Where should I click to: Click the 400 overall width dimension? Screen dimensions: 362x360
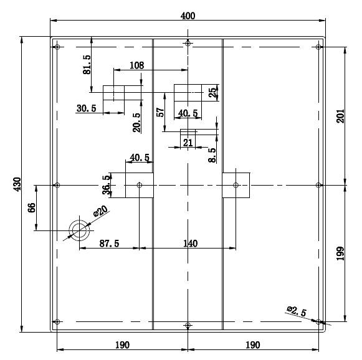pyautogui.click(x=188, y=16)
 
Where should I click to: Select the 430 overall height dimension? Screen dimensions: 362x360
pyautogui.click(x=17, y=184)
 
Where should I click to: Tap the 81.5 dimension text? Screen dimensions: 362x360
pyautogui.click(x=87, y=65)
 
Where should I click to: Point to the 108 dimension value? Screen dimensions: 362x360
pyautogui.click(x=136, y=65)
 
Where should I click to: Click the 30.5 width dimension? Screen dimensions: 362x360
pyautogui.click(x=87, y=108)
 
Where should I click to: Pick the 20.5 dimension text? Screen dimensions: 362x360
pyautogui.click(x=136, y=122)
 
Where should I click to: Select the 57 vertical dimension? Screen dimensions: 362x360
pyautogui.click(x=160, y=112)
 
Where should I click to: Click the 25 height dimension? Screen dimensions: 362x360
pyautogui.click(x=213, y=92)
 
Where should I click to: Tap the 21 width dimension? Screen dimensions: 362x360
pyautogui.click(x=188, y=143)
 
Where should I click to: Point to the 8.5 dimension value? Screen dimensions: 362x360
pyautogui.click(x=212, y=155)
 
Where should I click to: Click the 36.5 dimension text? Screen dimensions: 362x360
pyautogui.click(x=106, y=185)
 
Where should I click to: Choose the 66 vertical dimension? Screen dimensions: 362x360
pyautogui.click(x=32, y=207)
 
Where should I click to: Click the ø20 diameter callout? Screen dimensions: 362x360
pyautogui.click(x=100, y=211)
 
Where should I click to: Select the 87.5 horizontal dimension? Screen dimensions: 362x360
pyautogui.click(x=109, y=244)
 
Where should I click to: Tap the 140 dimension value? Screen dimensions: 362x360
pyautogui.click(x=190, y=244)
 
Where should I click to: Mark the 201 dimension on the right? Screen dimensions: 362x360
pyautogui.click(x=340, y=116)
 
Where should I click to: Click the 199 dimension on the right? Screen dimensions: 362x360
pyautogui.click(x=340, y=253)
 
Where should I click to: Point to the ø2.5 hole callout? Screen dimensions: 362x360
pyautogui.click(x=297, y=311)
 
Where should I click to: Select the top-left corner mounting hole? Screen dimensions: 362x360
pyautogui.click(x=57, y=47)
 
